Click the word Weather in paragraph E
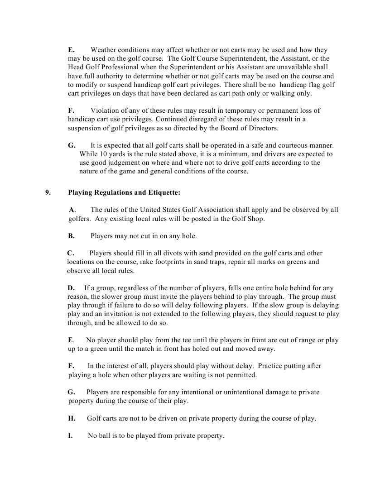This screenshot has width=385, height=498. coord(104,50)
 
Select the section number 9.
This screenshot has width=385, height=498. coord(47,192)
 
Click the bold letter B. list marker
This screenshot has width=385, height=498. coord(72,236)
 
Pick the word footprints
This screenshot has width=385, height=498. coord(192,262)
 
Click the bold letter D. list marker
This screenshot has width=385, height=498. coord(72,288)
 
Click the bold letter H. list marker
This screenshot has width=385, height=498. coord(72,418)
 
